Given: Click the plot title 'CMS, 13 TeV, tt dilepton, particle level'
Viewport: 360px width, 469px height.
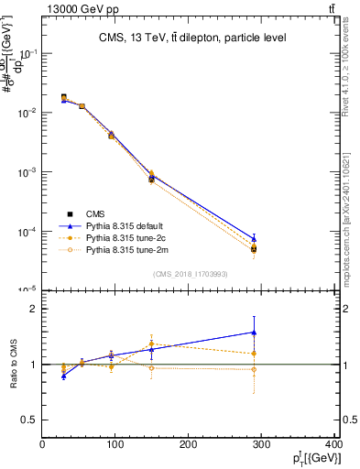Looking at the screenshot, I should (x=192, y=38).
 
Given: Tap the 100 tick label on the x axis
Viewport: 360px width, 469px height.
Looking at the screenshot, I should (x=115, y=444).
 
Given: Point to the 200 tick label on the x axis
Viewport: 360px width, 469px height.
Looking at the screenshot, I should (x=189, y=444).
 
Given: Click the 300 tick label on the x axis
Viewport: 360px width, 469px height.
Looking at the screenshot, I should (x=262, y=444).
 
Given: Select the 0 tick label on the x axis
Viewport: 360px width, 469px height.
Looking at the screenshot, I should (x=42, y=444).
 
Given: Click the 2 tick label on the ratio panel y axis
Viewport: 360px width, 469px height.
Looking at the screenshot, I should (x=33, y=309).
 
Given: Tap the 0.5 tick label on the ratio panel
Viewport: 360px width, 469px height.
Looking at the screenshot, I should (x=29, y=420).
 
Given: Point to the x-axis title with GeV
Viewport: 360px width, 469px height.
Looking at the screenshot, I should (x=312, y=458).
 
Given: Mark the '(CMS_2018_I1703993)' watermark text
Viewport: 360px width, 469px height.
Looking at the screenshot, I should (x=190, y=274).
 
